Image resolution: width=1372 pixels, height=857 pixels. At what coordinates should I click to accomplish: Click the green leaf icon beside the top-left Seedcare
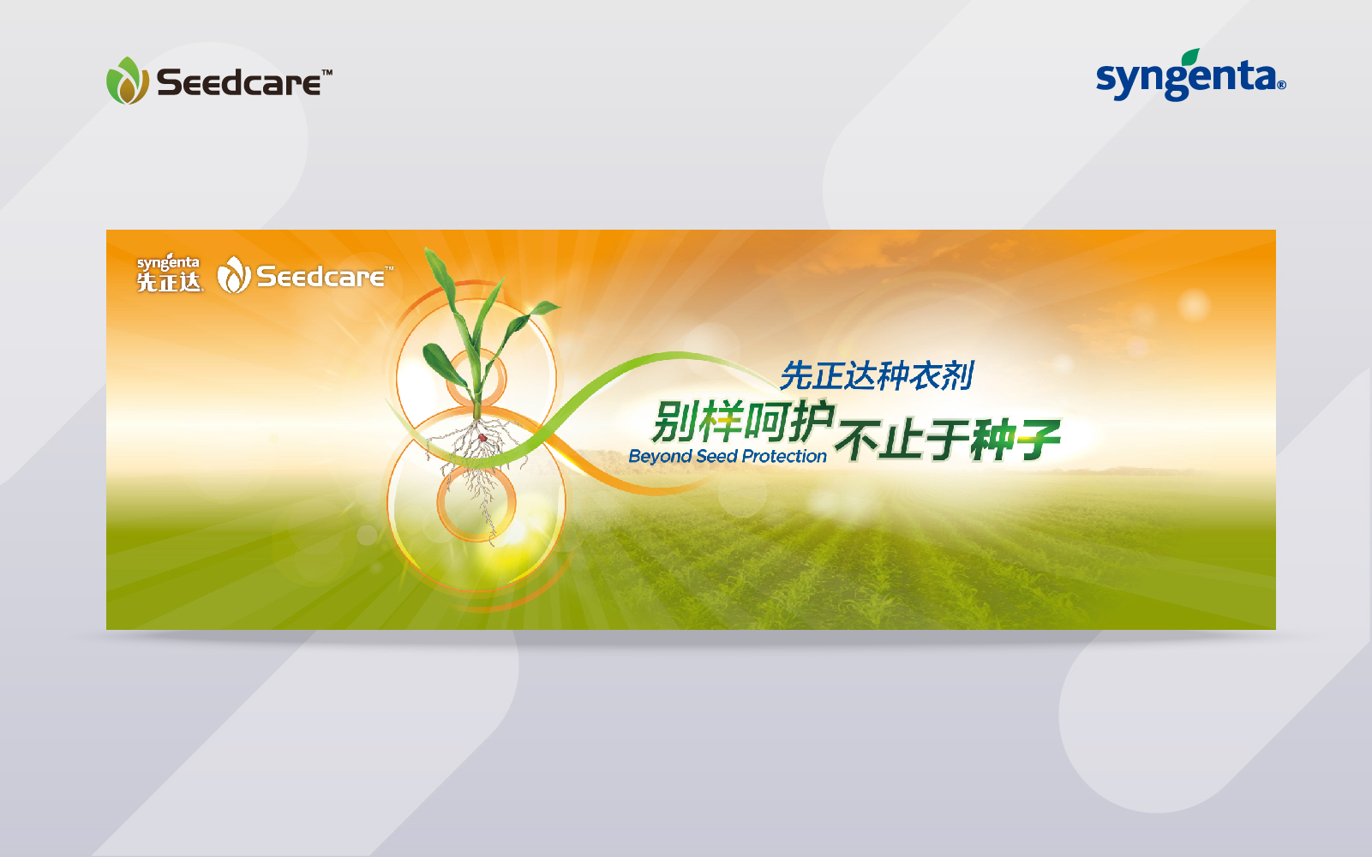pos(128,81)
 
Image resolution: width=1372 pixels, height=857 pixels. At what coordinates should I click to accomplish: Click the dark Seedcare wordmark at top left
pos(239,82)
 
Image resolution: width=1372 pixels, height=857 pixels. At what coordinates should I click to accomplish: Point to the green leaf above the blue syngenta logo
pos(1189,57)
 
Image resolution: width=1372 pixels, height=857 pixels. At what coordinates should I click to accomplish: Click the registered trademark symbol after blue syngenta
pos(1281,85)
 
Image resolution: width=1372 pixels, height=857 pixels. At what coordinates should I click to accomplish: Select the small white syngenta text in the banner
pos(168,262)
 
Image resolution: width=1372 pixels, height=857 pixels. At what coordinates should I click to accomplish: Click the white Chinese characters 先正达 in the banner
pos(170,282)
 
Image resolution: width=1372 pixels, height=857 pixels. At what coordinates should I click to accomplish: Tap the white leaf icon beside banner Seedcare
pos(234,274)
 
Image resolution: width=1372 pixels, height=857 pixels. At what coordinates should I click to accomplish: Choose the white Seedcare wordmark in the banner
pos(321,277)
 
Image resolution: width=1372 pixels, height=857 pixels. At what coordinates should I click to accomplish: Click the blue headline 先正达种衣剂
pos(877,375)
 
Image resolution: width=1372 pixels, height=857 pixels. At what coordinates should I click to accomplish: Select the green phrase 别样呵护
pos(744,422)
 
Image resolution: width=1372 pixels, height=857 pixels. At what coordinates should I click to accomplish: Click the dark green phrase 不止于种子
pos(948,440)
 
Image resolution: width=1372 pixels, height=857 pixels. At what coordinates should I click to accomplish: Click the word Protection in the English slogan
pos(785,457)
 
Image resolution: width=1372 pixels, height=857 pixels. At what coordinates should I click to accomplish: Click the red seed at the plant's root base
pos(482,437)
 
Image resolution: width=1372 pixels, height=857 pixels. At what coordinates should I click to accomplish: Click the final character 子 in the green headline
pos(1039,440)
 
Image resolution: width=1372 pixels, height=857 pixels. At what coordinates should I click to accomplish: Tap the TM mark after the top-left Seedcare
pos(327,72)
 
